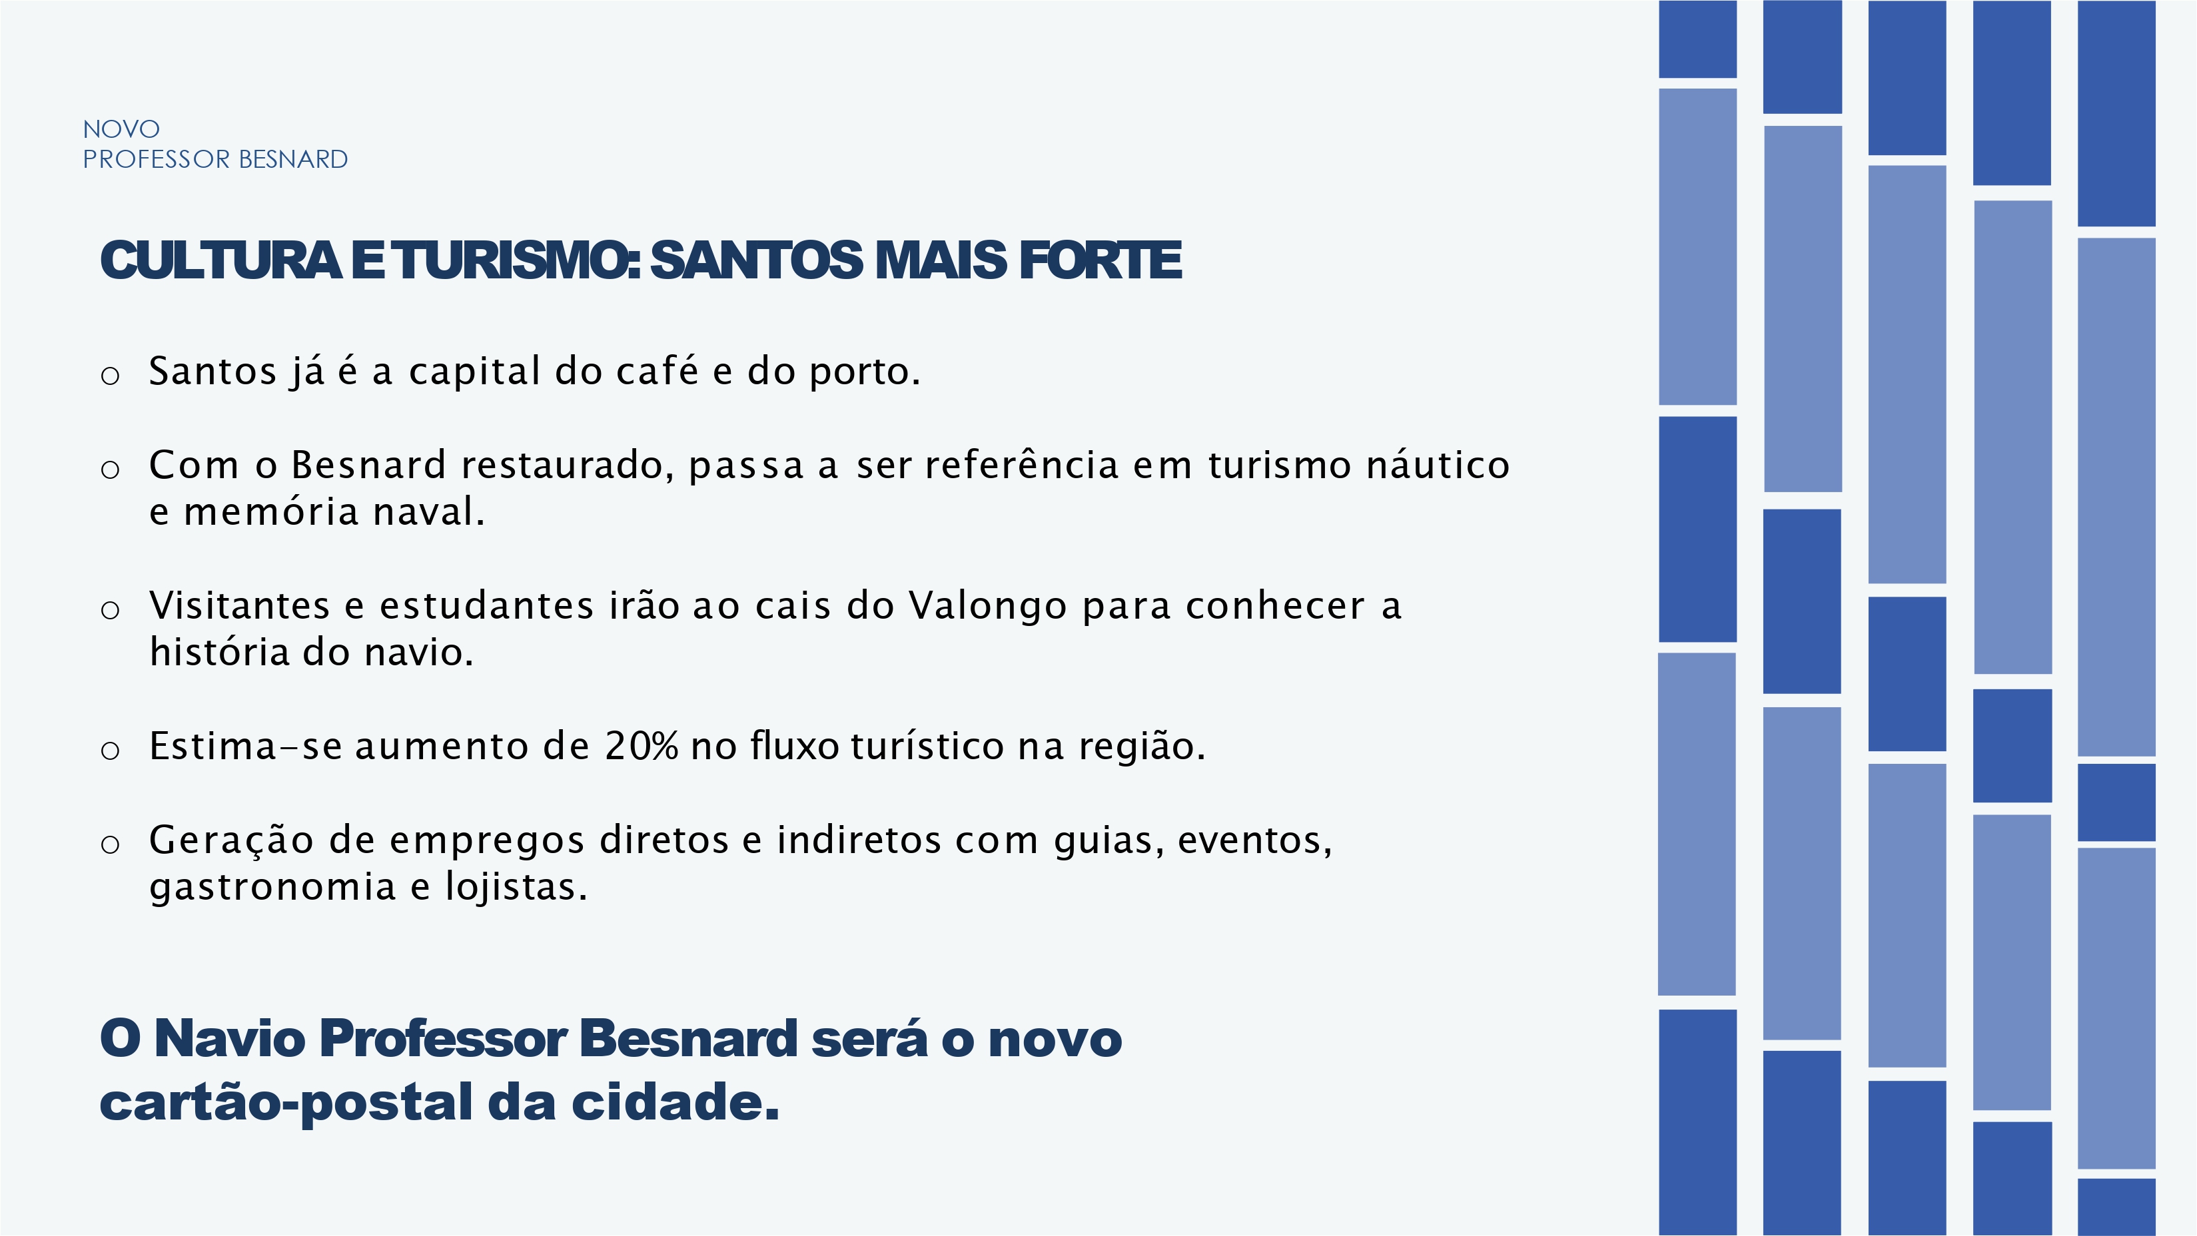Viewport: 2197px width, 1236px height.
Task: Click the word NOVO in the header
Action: (x=121, y=129)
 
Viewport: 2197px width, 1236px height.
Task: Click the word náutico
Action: (x=1438, y=465)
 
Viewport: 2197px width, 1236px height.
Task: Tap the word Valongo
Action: (x=988, y=607)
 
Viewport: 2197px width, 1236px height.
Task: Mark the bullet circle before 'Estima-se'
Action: (x=110, y=750)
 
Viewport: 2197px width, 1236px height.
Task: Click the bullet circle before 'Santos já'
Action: (x=110, y=375)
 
